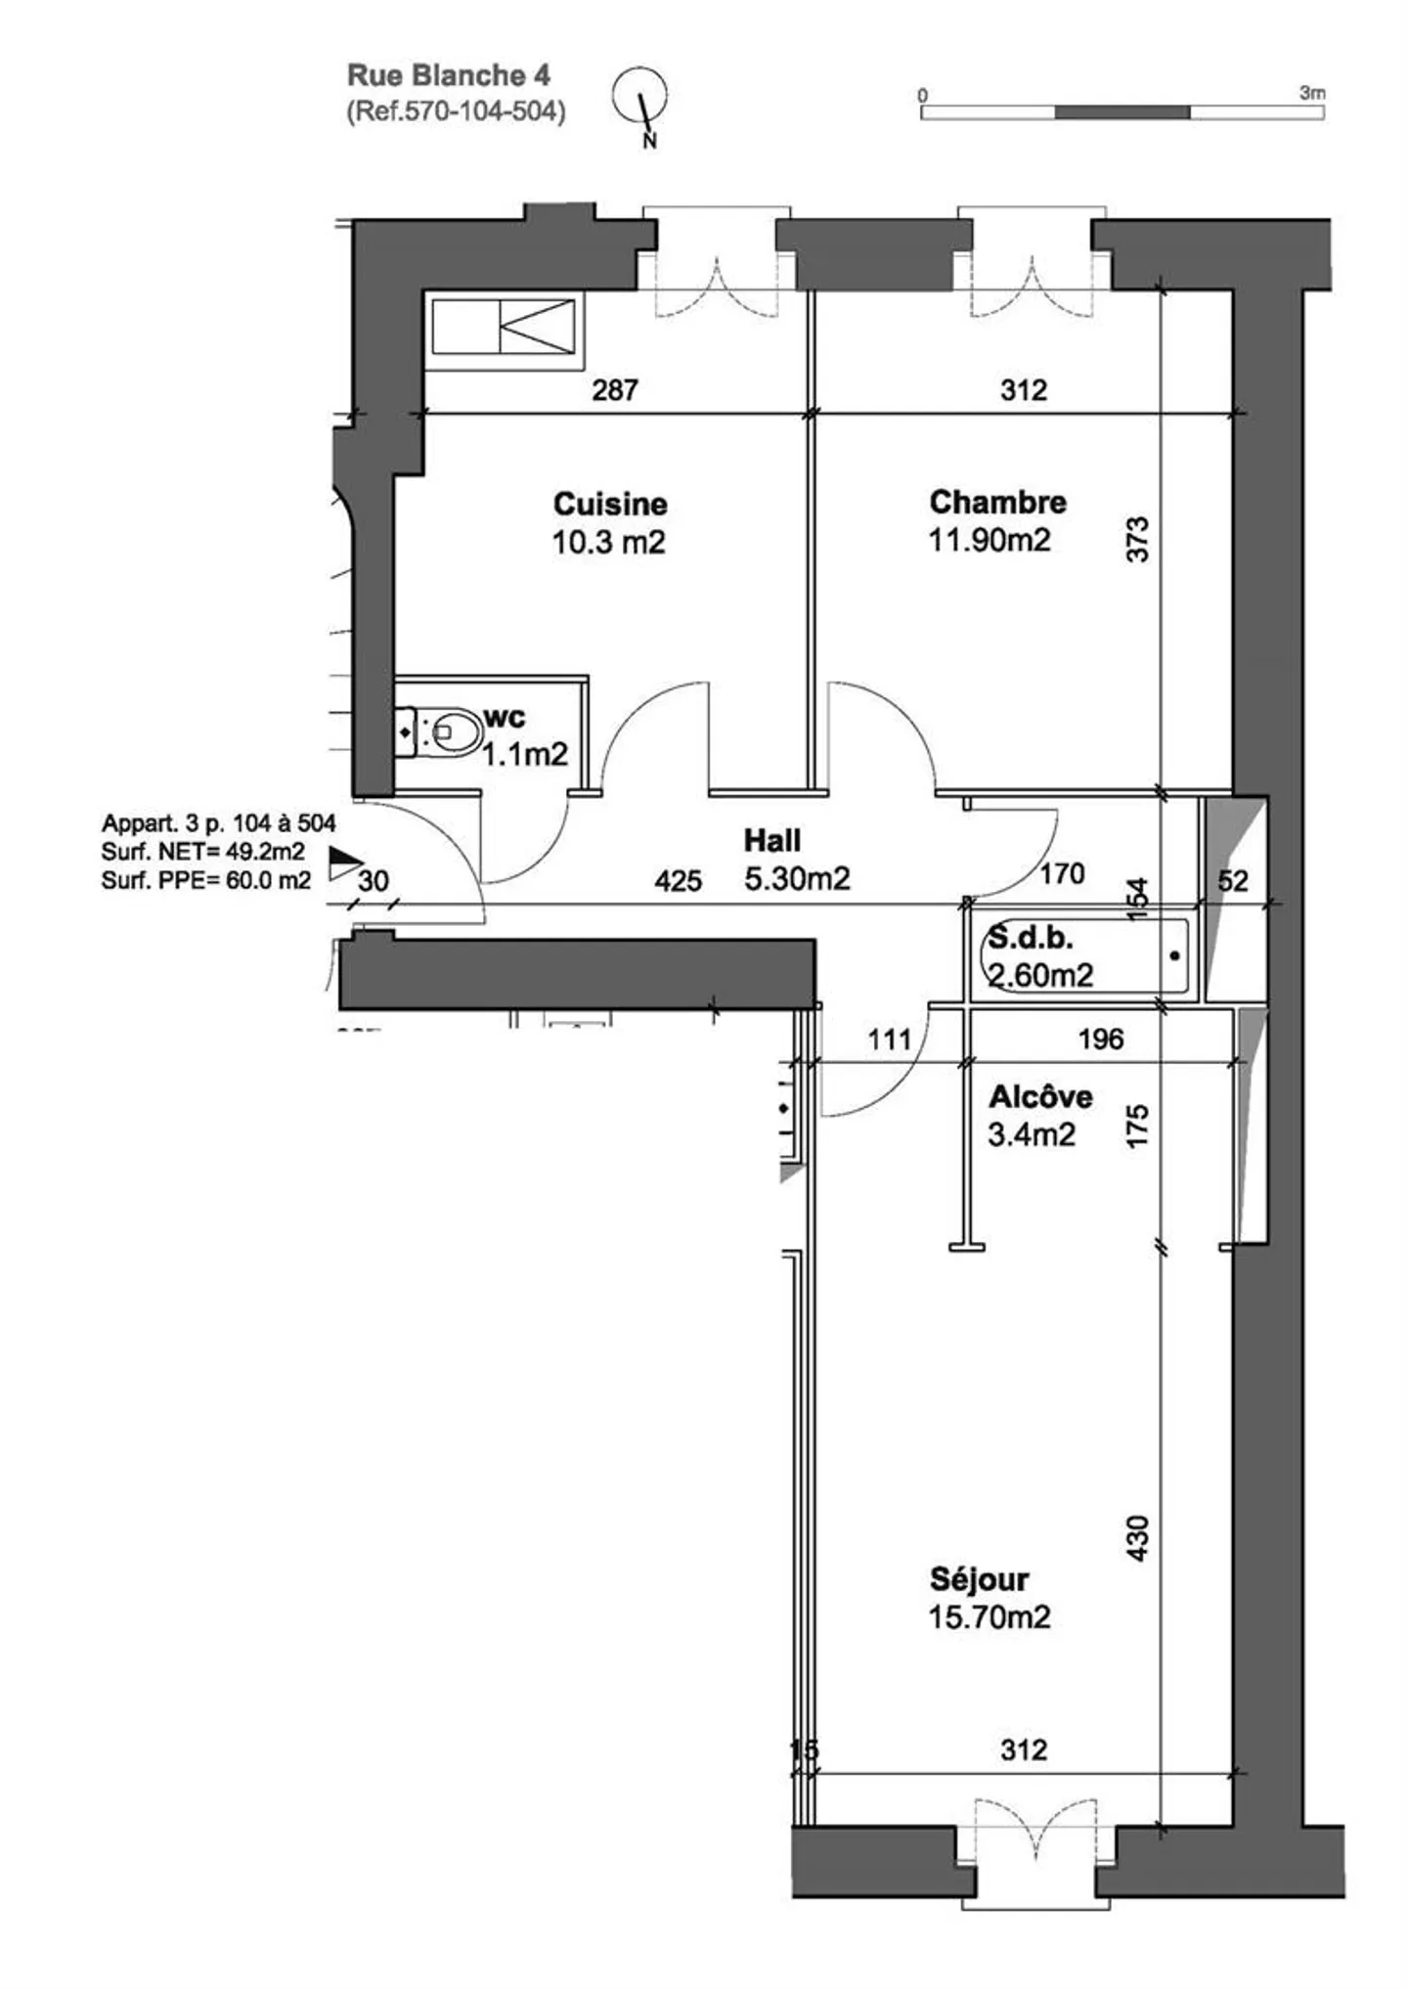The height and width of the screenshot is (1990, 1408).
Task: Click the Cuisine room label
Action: (x=610, y=504)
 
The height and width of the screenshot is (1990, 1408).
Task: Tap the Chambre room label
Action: (x=997, y=502)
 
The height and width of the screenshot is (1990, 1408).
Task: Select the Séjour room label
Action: (x=979, y=1578)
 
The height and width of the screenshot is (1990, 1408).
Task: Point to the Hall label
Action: (x=772, y=840)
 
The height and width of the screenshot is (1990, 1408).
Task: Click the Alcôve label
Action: (x=1040, y=1096)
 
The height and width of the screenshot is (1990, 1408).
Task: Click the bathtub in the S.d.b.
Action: (x=1084, y=955)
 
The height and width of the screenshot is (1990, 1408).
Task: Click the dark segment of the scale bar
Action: (x=1122, y=111)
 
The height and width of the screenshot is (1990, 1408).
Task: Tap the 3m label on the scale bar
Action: (x=1312, y=93)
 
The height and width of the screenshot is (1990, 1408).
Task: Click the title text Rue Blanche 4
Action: (x=449, y=75)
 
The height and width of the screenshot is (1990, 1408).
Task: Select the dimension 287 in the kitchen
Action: (x=615, y=390)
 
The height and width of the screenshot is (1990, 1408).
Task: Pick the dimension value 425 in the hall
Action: (x=679, y=881)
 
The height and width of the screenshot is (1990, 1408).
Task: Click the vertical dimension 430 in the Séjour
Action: (x=1137, y=1537)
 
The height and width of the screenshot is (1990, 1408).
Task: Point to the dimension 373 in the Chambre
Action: (x=1137, y=539)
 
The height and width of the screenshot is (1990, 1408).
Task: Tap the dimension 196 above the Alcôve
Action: (x=1101, y=1039)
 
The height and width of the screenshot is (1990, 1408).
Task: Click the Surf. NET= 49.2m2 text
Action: (x=202, y=852)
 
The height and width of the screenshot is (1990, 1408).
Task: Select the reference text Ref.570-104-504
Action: (x=456, y=111)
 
